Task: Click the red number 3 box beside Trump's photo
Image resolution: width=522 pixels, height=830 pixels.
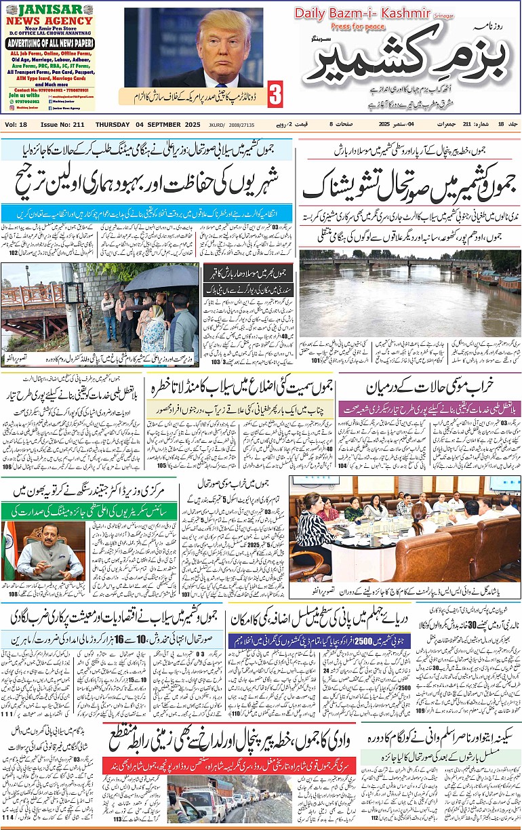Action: pyautogui.click(x=275, y=94)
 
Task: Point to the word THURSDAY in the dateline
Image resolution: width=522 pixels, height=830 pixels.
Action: pyautogui.click(x=112, y=125)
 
